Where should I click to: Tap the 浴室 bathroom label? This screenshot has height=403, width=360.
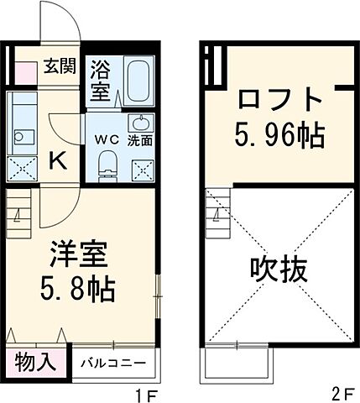101,79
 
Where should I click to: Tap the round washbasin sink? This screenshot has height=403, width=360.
140,121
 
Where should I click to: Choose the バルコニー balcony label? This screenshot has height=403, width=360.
113,364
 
